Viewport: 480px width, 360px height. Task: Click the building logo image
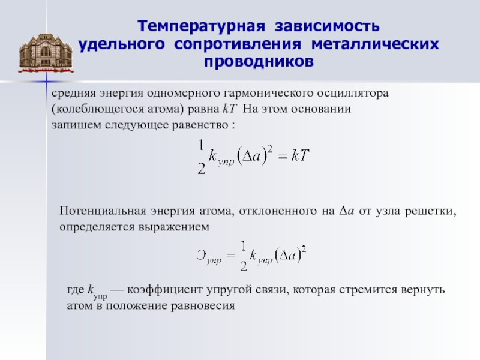click(x=46, y=53)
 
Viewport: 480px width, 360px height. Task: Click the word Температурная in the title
click(x=201, y=26)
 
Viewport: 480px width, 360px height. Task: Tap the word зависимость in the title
click(x=327, y=26)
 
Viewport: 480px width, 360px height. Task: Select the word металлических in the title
click(x=375, y=44)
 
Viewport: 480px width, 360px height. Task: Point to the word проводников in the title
click(x=259, y=62)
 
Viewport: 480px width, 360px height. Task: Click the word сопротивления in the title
click(x=238, y=44)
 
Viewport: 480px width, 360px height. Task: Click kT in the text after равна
click(x=229, y=109)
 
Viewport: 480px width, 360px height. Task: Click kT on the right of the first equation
click(x=301, y=155)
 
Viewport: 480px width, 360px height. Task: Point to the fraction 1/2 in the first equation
click(x=201, y=157)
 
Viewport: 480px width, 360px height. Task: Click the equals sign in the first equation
click(x=283, y=157)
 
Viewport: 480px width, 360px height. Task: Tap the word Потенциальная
click(x=103, y=211)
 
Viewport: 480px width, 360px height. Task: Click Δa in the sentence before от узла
click(x=347, y=211)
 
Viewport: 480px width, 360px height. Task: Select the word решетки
click(x=430, y=212)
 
